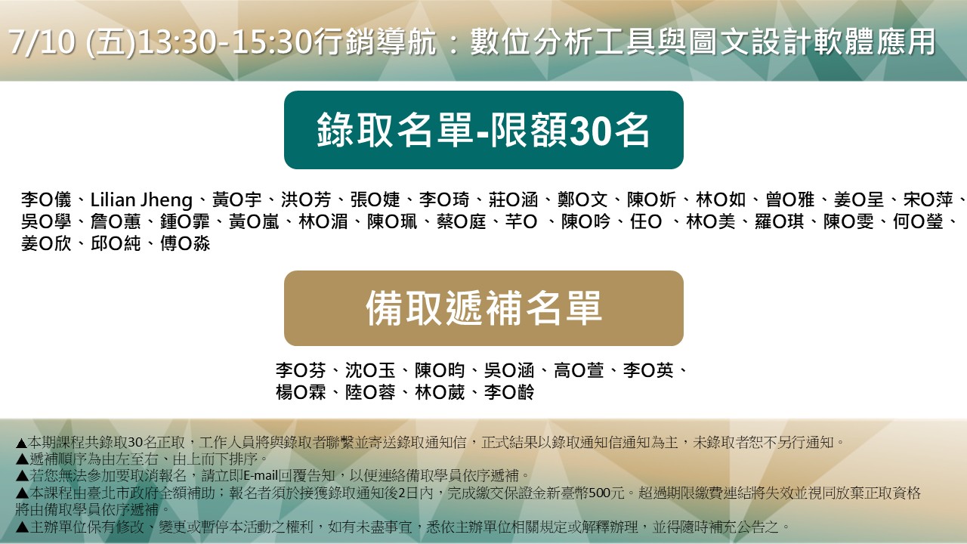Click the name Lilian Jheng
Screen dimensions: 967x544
(x=141, y=200)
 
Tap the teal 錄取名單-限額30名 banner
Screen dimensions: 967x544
(x=483, y=130)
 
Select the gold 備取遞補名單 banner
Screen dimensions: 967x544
(x=483, y=308)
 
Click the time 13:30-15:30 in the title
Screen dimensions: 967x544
(x=225, y=42)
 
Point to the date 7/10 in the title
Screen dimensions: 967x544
(x=42, y=42)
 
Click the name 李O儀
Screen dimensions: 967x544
(x=46, y=200)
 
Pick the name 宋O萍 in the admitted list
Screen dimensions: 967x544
(x=928, y=200)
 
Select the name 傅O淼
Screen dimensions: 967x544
(x=185, y=244)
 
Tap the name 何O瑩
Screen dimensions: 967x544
(x=918, y=222)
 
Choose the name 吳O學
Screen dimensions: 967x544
(x=46, y=222)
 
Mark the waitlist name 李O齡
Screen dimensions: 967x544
(x=509, y=392)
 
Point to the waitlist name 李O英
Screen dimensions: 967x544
(x=648, y=370)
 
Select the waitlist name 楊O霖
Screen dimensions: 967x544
(x=301, y=392)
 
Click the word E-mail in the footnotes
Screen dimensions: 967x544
(x=261, y=476)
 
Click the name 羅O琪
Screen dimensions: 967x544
(x=779, y=222)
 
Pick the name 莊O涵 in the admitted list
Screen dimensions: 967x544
(x=513, y=200)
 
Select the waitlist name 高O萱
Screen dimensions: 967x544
(x=579, y=370)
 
